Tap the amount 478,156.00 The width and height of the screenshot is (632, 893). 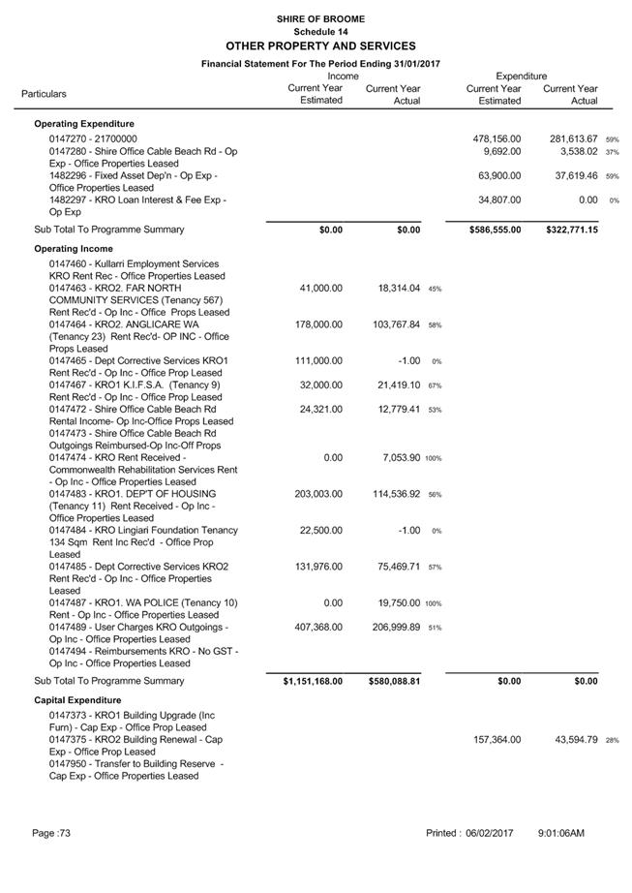pyautogui.click(x=496, y=139)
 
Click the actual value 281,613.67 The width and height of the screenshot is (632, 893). pyautogui.click(x=574, y=139)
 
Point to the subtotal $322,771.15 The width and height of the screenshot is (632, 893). pyautogui.click(x=571, y=230)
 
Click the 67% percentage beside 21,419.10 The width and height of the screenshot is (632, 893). pyautogui.click(x=436, y=385)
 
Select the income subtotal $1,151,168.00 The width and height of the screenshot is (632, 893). pyautogui.click(x=313, y=681)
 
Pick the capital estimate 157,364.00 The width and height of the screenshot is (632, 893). pyautogui.click(x=496, y=739)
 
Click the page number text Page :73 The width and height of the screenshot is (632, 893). pyautogui.click(x=50, y=833)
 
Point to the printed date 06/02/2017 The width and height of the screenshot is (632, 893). pyautogui.click(x=488, y=833)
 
